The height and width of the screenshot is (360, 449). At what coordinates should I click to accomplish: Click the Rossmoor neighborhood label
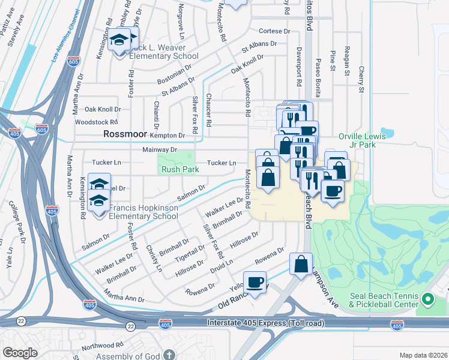coord(125,134)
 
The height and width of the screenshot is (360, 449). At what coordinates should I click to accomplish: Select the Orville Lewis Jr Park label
coord(365,140)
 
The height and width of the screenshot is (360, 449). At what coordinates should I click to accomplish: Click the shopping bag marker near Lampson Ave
coord(301,264)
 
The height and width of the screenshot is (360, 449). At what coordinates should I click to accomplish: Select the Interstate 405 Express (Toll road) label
coord(265,323)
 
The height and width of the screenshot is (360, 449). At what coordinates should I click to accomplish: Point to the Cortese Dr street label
coord(274,31)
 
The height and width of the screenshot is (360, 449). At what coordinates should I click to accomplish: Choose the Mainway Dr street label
coord(160,149)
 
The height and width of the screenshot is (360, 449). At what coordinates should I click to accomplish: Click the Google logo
coord(20,353)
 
